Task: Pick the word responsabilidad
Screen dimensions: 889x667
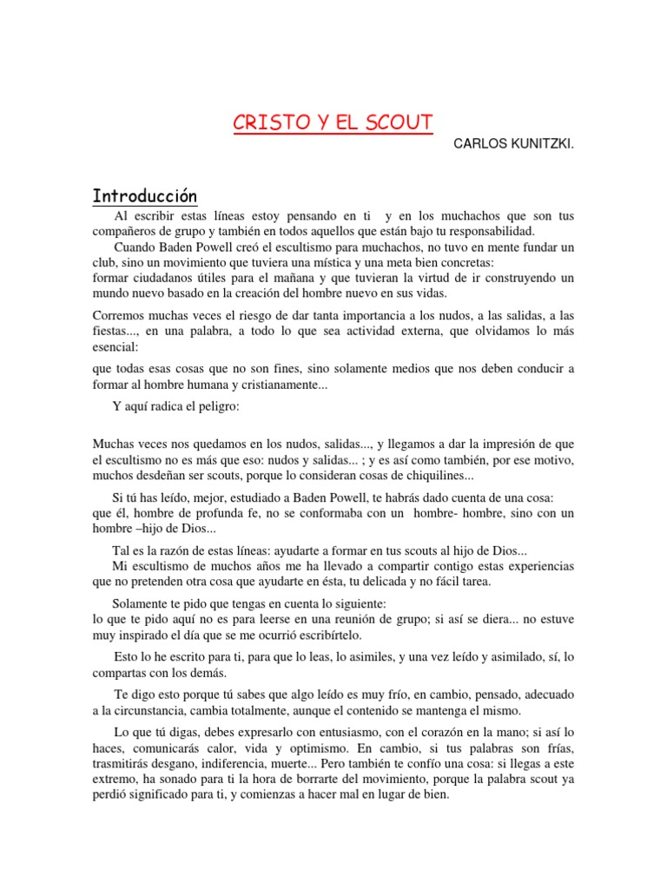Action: tap(486, 231)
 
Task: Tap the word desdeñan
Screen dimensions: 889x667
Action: tap(160, 476)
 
